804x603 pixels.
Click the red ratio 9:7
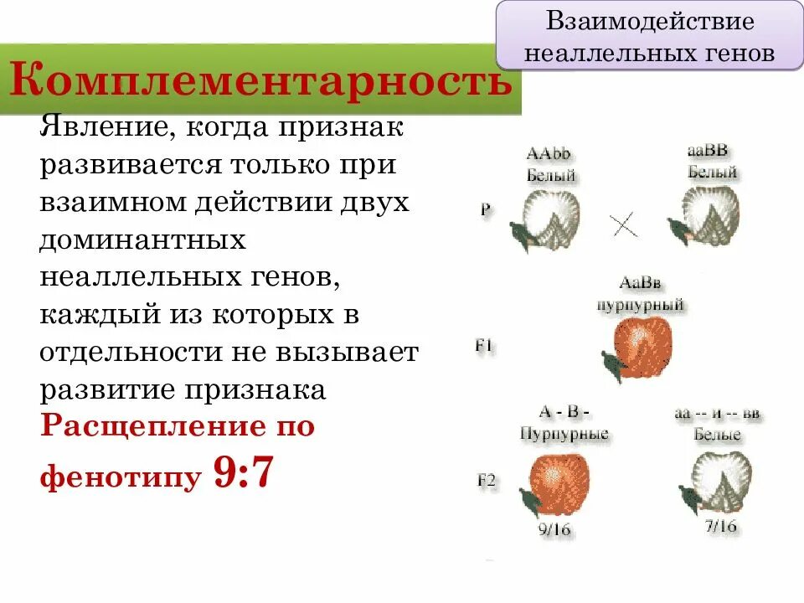point(245,473)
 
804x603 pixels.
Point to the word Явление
point(101,130)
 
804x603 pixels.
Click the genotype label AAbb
point(548,154)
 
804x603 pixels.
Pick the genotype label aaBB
point(708,152)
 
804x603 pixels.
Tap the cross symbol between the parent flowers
point(624,224)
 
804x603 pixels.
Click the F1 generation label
point(483,344)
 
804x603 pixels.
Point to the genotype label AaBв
point(641,283)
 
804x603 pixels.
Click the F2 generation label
point(487,481)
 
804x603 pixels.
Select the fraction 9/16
point(554,529)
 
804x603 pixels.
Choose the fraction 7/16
point(719,527)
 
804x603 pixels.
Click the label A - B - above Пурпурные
point(564,412)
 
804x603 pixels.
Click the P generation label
point(485,209)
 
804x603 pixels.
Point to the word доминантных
point(142,240)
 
